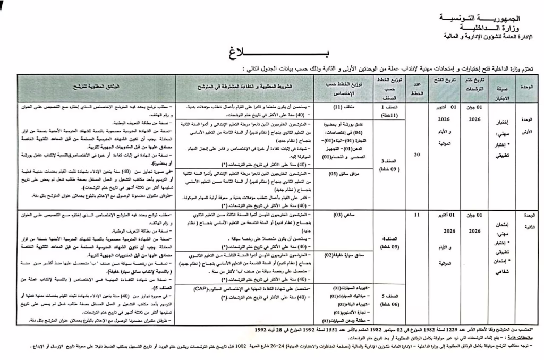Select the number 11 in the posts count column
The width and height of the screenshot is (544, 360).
tap(417, 215)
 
